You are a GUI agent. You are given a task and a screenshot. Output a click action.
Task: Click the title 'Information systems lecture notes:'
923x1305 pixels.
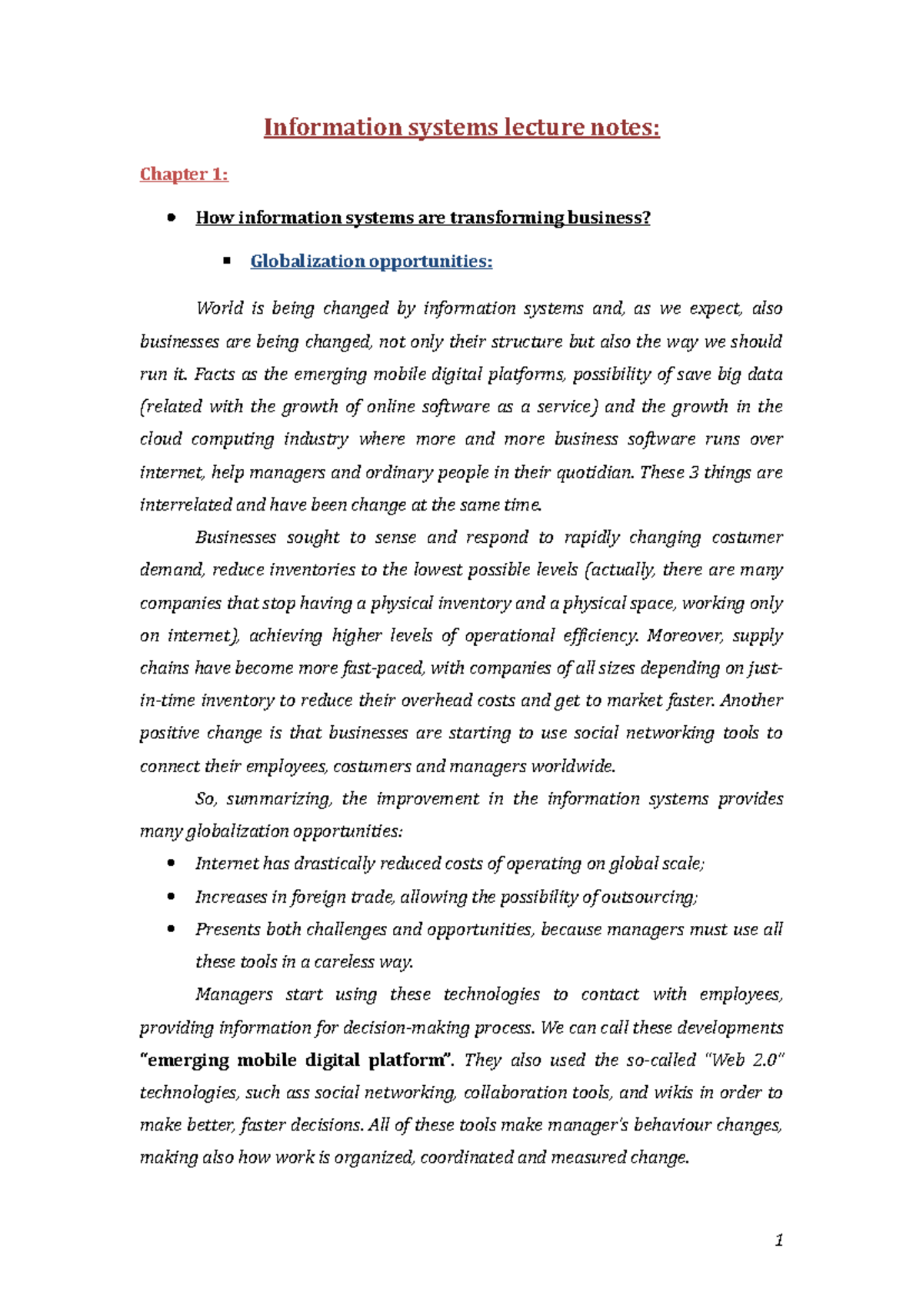(x=461, y=127)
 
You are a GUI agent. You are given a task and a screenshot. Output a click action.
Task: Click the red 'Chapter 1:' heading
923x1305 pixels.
(x=184, y=175)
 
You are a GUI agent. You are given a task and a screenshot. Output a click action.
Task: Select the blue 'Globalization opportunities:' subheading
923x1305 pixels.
(x=371, y=261)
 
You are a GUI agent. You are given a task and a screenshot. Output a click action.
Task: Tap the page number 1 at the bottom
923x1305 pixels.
(x=779, y=1240)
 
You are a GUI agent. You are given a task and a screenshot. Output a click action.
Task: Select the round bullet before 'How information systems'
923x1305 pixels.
(x=171, y=218)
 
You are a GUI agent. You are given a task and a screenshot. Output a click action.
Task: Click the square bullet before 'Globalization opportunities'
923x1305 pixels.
(x=227, y=261)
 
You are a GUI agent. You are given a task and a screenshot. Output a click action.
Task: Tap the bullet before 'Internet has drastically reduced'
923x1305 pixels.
(x=171, y=864)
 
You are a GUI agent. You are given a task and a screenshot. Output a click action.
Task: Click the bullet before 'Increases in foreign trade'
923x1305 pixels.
(x=171, y=897)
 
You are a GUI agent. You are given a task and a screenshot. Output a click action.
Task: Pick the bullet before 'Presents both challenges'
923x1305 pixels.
(x=171, y=929)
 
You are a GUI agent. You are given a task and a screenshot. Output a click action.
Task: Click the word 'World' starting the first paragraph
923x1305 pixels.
(x=218, y=309)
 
